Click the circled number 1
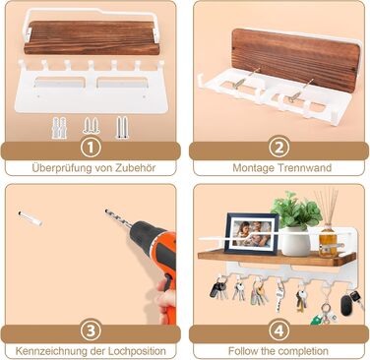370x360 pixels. coord(91,149)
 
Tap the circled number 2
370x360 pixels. coord(278,149)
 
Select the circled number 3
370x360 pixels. coord(91,331)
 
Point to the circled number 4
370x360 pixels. coord(278,331)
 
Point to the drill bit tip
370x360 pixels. coord(106,210)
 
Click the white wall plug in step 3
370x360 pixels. coord(31,218)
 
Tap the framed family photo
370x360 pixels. coord(251,233)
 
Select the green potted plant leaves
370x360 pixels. coord(295,210)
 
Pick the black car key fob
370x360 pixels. coord(346,305)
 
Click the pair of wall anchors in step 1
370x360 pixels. coord(59,127)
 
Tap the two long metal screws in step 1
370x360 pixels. coord(121,127)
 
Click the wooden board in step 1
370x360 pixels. coord(92,37)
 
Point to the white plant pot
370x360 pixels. coord(295,241)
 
